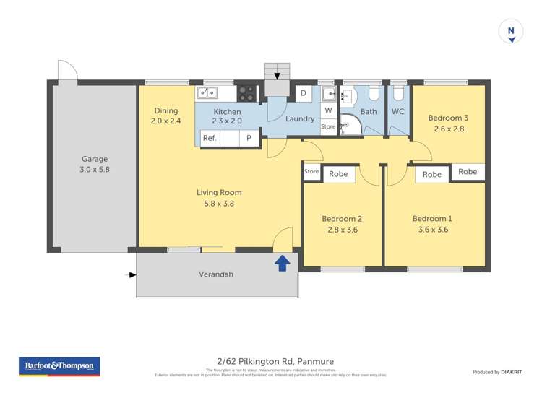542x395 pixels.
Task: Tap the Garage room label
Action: click(x=94, y=159)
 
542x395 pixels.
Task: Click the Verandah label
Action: click(x=216, y=274)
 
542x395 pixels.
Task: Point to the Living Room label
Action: click(x=219, y=193)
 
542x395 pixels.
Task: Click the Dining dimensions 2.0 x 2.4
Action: click(x=161, y=121)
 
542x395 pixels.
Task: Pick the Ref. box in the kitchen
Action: click(x=210, y=138)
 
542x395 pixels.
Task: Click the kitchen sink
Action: click(x=207, y=92)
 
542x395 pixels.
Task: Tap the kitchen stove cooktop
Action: click(x=247, y=93)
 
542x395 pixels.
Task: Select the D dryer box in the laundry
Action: click(x=304, y=93)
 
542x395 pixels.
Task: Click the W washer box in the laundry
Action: click(x=328, y=110)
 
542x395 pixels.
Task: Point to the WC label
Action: click(x=397, y=112)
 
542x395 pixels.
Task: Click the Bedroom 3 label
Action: click(x=448, y=118)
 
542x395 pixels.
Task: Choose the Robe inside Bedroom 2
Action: click(x=338, y=174)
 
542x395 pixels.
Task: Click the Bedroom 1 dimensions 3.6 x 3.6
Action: click(x=431, y=230)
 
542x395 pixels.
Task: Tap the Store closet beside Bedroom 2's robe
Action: click(x=311, y=172)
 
